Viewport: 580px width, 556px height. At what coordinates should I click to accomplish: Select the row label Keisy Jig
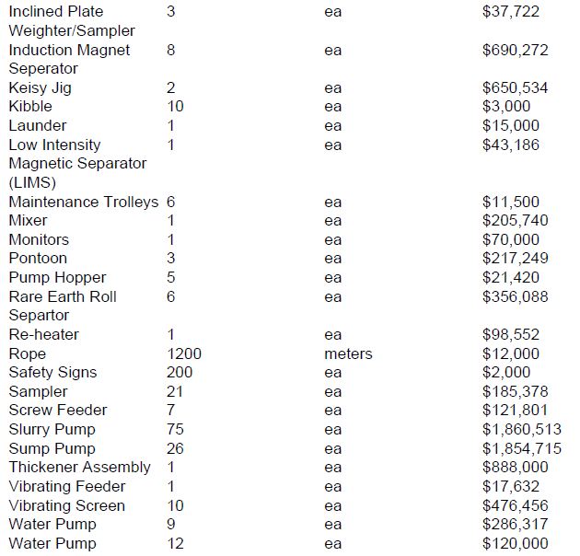point(40,88)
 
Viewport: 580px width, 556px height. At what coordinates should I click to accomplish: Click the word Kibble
point(30,107)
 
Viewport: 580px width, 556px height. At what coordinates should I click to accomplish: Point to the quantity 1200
point(184,353)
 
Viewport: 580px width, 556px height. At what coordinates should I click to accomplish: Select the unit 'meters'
point(348,353)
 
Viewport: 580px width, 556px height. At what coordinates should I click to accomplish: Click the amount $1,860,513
point(522,430)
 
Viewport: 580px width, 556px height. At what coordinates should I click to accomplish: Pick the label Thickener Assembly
point(79,468)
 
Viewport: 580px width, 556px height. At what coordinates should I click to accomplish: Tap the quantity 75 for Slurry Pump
point(176,430)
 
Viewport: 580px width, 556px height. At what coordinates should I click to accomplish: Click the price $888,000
point(515,468)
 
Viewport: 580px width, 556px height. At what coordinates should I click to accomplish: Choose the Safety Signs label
point(52,373)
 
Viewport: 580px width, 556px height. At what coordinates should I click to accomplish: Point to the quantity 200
point(180,373)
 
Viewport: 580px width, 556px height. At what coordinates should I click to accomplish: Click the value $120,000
point(515,544)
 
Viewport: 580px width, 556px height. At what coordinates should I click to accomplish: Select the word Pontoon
point(38,259)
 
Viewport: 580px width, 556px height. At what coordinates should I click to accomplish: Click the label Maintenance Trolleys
point(84,202)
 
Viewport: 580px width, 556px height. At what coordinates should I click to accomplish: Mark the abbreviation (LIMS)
point(31,182)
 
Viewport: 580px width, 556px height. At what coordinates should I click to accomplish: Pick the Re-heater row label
point(43,335)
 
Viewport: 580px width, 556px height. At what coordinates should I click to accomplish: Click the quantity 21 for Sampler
point(176,392)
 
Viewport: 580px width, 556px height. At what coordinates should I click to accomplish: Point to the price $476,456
point(515,506)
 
